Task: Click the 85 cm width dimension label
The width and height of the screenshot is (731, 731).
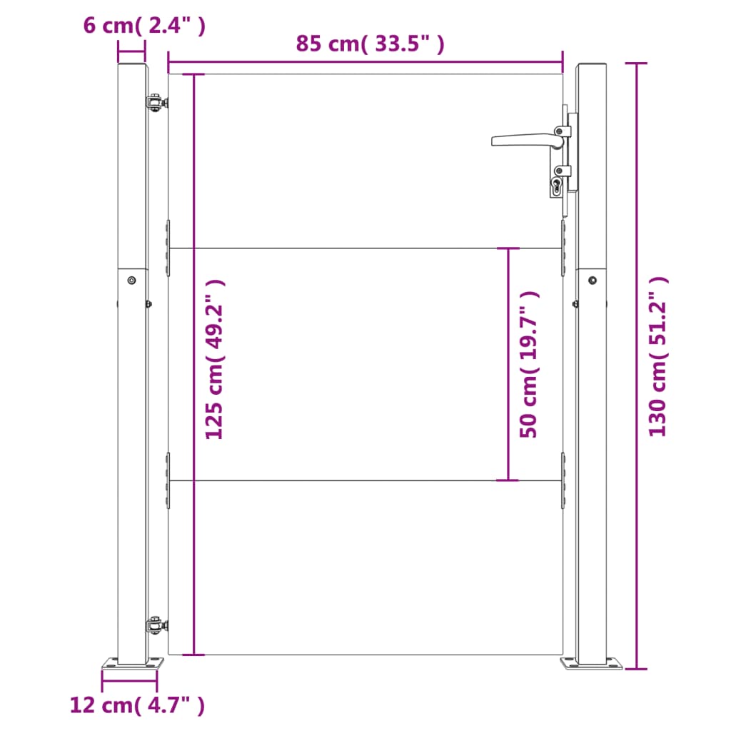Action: [370, 44]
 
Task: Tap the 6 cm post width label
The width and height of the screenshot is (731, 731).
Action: [144, 25]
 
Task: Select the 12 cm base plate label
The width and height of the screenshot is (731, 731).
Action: [137, 705]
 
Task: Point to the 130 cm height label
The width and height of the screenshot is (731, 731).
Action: [658, 357]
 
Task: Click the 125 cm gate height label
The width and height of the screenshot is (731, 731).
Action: [214, 360]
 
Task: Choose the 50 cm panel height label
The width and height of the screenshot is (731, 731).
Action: [529, 364]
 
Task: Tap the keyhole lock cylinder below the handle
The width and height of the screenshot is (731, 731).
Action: [556, 186]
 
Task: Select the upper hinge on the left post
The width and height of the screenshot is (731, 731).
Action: [156, 102]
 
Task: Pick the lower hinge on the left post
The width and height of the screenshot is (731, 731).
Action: [156, 624]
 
